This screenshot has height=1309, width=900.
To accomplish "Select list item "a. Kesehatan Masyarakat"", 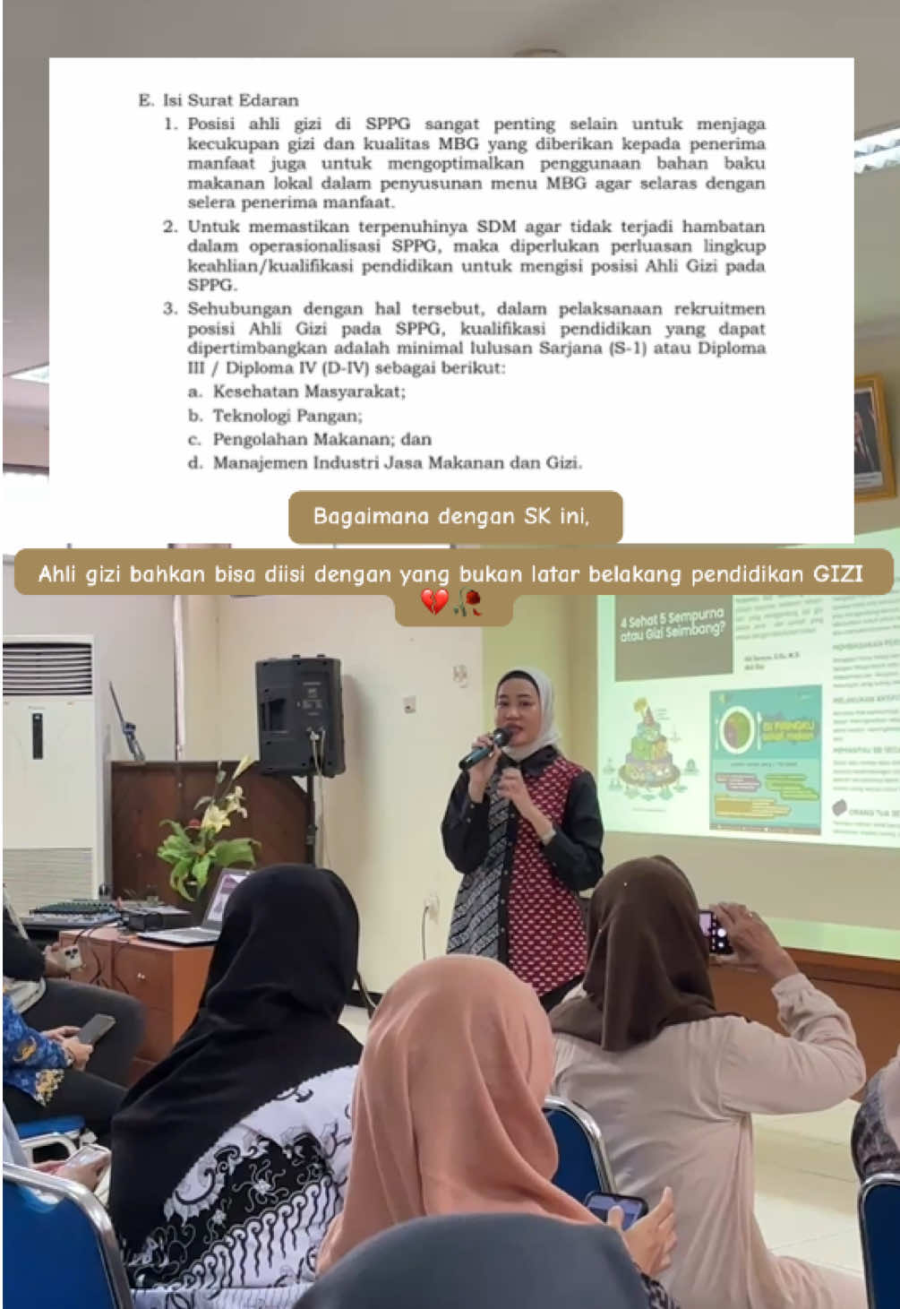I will click(297, 392).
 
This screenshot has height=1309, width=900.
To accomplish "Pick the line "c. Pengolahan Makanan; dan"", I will click(310, 440).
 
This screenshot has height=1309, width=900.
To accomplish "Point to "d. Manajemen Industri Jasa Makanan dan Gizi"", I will click(385, 463).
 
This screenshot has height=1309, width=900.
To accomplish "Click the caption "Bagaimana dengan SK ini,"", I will click(451, 516).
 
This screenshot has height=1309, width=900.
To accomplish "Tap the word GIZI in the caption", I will click(837, 573).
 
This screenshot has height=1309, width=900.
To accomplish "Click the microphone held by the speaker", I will click(483, 751).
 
